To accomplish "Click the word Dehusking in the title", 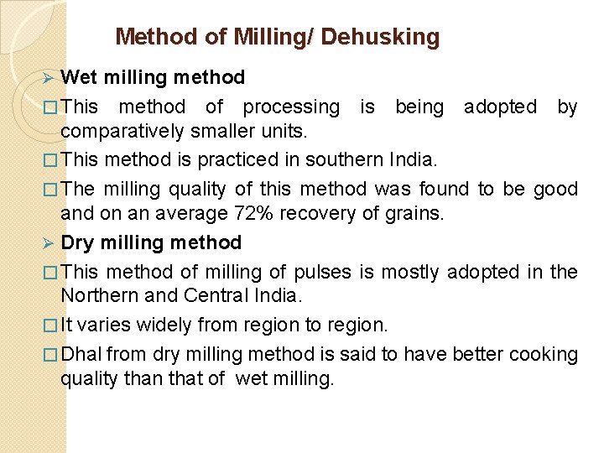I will [x=380, y=37].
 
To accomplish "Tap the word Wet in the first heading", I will [x=79, y=78].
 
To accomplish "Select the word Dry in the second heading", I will [x=78, y=243].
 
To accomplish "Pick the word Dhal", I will [x=82, y=355].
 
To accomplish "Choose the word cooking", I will [x=544, y=355].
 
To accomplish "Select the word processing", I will [x=291, y=107].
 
